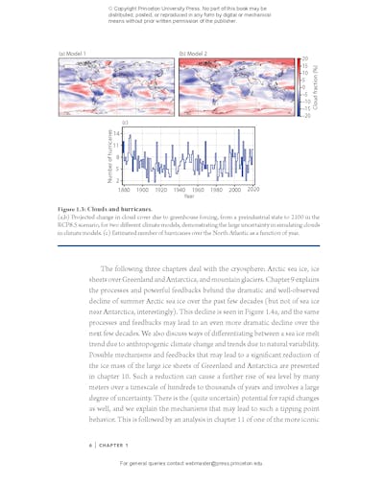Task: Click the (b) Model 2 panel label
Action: point(192,53)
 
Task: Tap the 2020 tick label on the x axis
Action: point(253,190)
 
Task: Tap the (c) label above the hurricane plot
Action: point(124,124)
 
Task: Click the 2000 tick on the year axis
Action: point(232,190)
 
